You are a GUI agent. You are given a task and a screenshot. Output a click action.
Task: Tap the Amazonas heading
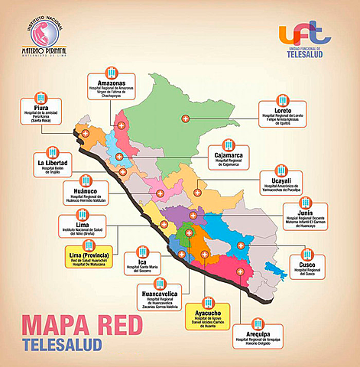111,83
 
